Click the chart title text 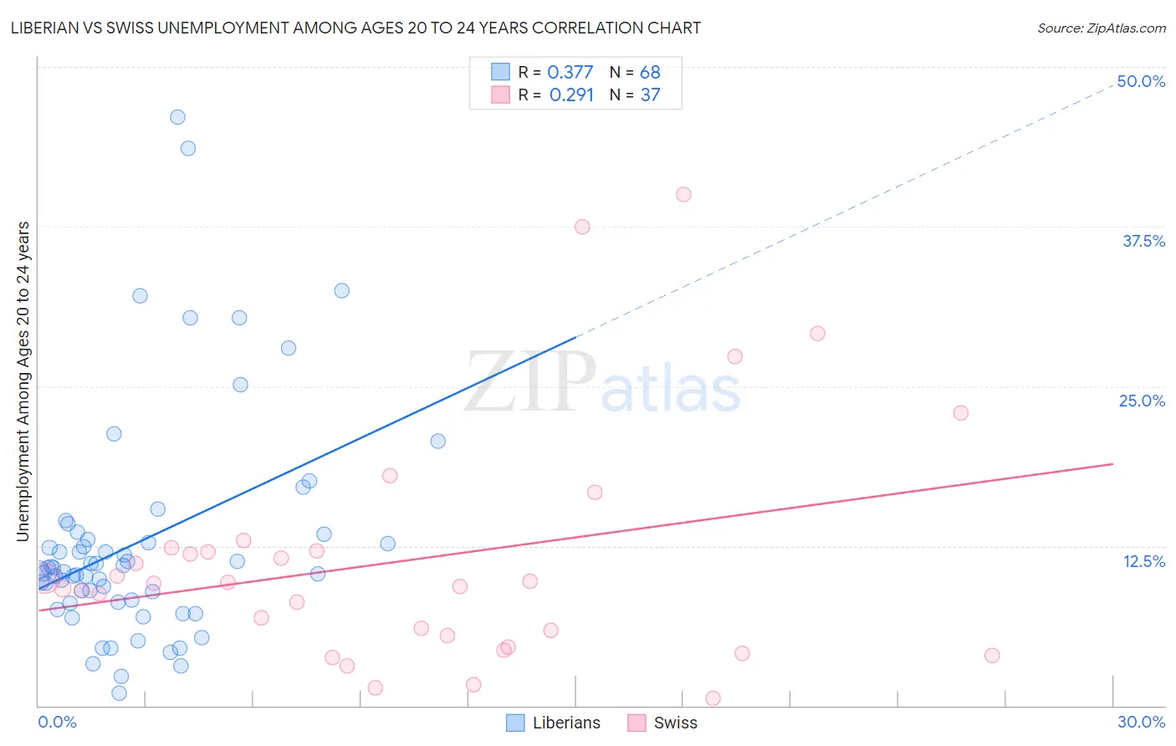[355, 28]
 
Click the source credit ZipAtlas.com [1101, 28]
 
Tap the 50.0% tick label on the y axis [1141, 81]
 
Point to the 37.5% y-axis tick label [1143, 241]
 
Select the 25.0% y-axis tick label [1142, 401]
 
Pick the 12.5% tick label [1143, 561]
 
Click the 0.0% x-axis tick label [57, 722]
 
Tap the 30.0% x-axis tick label [1141, 722]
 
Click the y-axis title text [23, 381]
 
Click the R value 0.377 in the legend [570, 72]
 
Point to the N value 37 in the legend [650, 95]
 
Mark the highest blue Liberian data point [177, 117]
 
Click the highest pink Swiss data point [683, 194]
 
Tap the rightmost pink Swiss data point [992, 655]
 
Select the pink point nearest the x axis [713, 697]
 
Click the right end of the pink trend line [1112, 463]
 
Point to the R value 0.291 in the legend [571, 95]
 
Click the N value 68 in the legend [650, 72]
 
